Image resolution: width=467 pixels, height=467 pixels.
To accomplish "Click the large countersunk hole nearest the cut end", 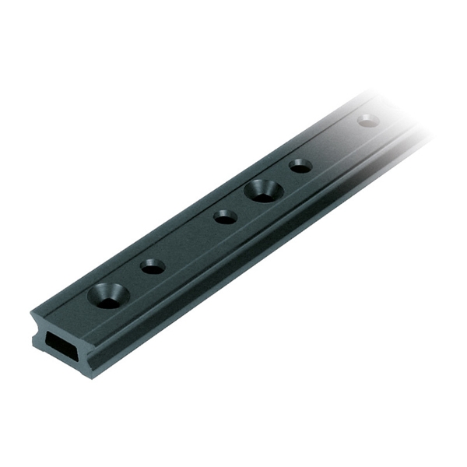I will point(108,296).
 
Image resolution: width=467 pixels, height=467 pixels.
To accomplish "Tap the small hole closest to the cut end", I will point(153,266).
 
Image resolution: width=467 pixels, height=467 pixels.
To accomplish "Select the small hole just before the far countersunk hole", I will point(225,216).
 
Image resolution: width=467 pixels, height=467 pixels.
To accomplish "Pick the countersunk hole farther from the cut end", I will point(262,191).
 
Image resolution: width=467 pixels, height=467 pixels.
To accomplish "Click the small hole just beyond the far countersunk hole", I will point(300,166).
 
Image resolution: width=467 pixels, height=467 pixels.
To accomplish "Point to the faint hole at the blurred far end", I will point(368,121).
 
